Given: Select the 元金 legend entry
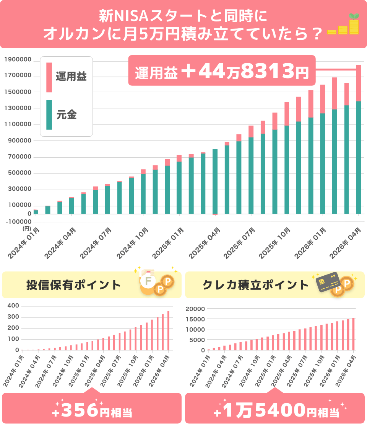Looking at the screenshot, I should [67, 114].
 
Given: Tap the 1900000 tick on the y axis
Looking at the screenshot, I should [18, 59].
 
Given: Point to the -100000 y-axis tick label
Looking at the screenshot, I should [18, 221].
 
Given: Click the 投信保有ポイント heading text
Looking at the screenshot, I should [73, 285].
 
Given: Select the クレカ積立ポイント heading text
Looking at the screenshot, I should [255, 285].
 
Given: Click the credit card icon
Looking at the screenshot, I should [328, 283].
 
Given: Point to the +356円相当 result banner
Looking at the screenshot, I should [92, 411].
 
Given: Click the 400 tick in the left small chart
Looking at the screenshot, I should [13, 306].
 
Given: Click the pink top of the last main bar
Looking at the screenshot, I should [358, 83].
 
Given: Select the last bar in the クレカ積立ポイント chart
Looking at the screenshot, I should [354, 334].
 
